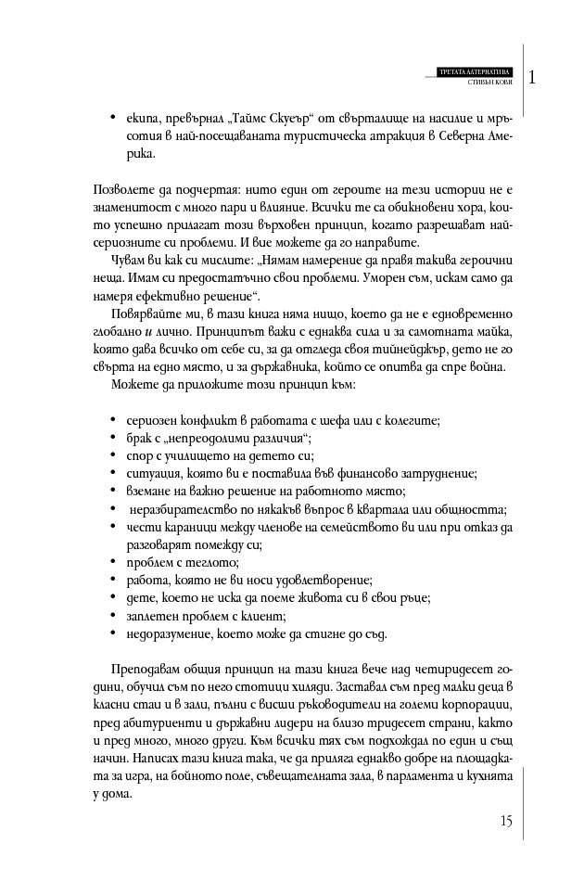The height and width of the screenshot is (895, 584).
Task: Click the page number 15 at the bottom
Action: (x=505, y=820)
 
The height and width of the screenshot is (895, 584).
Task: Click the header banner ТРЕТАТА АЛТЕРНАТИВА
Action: (x=472, y=71)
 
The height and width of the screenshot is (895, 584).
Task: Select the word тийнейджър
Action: (x=379, y=349)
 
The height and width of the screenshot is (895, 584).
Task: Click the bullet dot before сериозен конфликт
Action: (x=112, y=420)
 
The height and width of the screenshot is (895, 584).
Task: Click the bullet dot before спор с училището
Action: (x=112, y=455)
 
